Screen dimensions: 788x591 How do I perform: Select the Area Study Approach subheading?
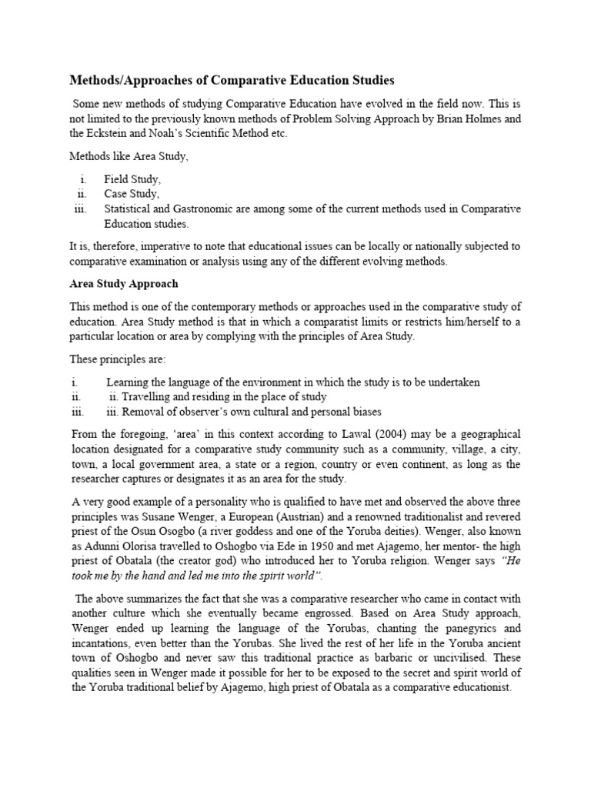124,284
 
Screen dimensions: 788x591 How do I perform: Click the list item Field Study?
132,179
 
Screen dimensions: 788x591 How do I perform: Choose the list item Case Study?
132,194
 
